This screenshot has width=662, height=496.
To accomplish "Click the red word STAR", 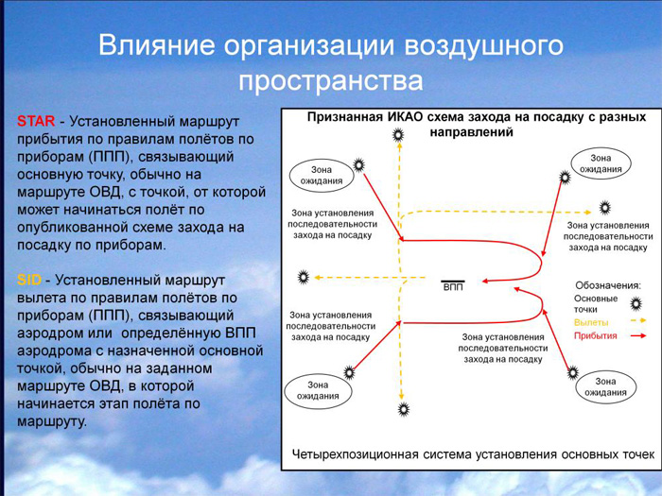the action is click(x=36, y=121).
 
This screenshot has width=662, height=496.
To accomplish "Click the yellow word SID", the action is click(x=29, y=280).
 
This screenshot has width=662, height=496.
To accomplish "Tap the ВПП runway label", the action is click(x=453, y=287).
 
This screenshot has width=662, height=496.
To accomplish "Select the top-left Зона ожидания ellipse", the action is click(x=322, y=176).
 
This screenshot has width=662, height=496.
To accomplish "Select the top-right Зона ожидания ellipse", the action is click(x=601, y=163).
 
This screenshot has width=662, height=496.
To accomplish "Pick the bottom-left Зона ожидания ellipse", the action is click(x=318, y=390).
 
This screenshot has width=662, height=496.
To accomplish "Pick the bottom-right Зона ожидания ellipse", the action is click(x=605, y=386).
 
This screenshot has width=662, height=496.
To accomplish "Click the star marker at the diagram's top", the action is click(x=398, y=135).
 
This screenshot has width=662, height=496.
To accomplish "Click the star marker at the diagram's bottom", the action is click(x=404, y=409).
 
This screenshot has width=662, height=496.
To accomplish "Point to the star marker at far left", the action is click(x=304, y=277).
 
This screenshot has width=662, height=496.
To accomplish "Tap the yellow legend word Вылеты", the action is click(x=591, y=323).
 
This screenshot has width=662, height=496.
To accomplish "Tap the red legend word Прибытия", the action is click(x=595, y=335).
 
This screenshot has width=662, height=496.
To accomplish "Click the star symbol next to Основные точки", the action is click(x=636, y=303).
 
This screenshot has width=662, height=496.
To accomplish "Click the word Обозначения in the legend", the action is click(x=608, y=285).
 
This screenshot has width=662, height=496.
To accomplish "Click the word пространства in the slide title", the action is click(x=331, y=81).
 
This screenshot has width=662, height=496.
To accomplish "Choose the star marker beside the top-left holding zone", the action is click(x=358, y=165).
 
